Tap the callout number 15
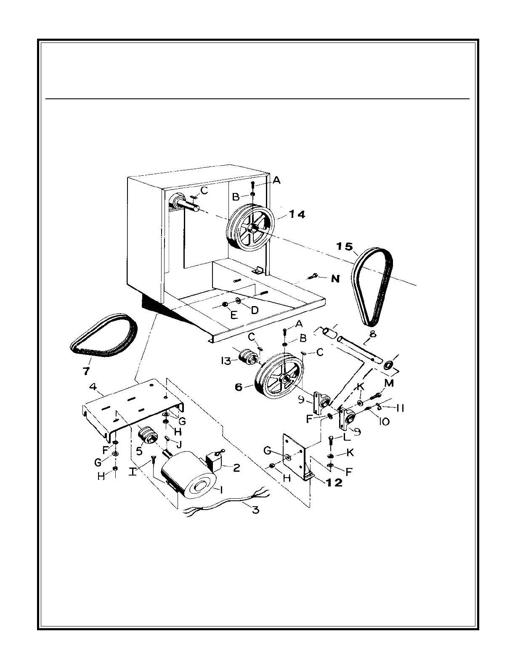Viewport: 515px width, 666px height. tap(345, 246)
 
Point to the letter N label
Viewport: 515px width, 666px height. tap(335, 278)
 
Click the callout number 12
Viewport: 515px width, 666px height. tap(334, 483)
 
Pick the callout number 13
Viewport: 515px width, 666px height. tap(226, 360)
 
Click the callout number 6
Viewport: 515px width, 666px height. tap(239, 387)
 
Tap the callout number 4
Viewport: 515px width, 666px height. tap(93, 386)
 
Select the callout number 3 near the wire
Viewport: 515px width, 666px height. tap(255, 510)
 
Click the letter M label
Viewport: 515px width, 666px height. tap(389, 383)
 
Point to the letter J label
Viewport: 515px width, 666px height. tap(178, 444)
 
